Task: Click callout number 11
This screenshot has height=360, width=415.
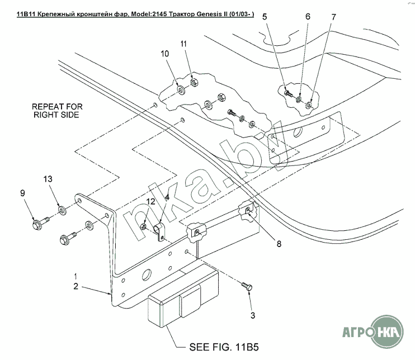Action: (x=184, y=44)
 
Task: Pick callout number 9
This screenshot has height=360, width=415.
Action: (x=23, y=193)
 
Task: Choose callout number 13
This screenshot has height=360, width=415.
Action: (x=48, y=179)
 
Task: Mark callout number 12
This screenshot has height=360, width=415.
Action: (x=150, y=202)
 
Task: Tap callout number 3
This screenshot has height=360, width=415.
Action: (x=252, y=316)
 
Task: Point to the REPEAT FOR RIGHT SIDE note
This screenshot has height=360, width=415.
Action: (x=55, y=110)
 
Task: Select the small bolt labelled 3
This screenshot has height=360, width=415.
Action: (x=247, y=287)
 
